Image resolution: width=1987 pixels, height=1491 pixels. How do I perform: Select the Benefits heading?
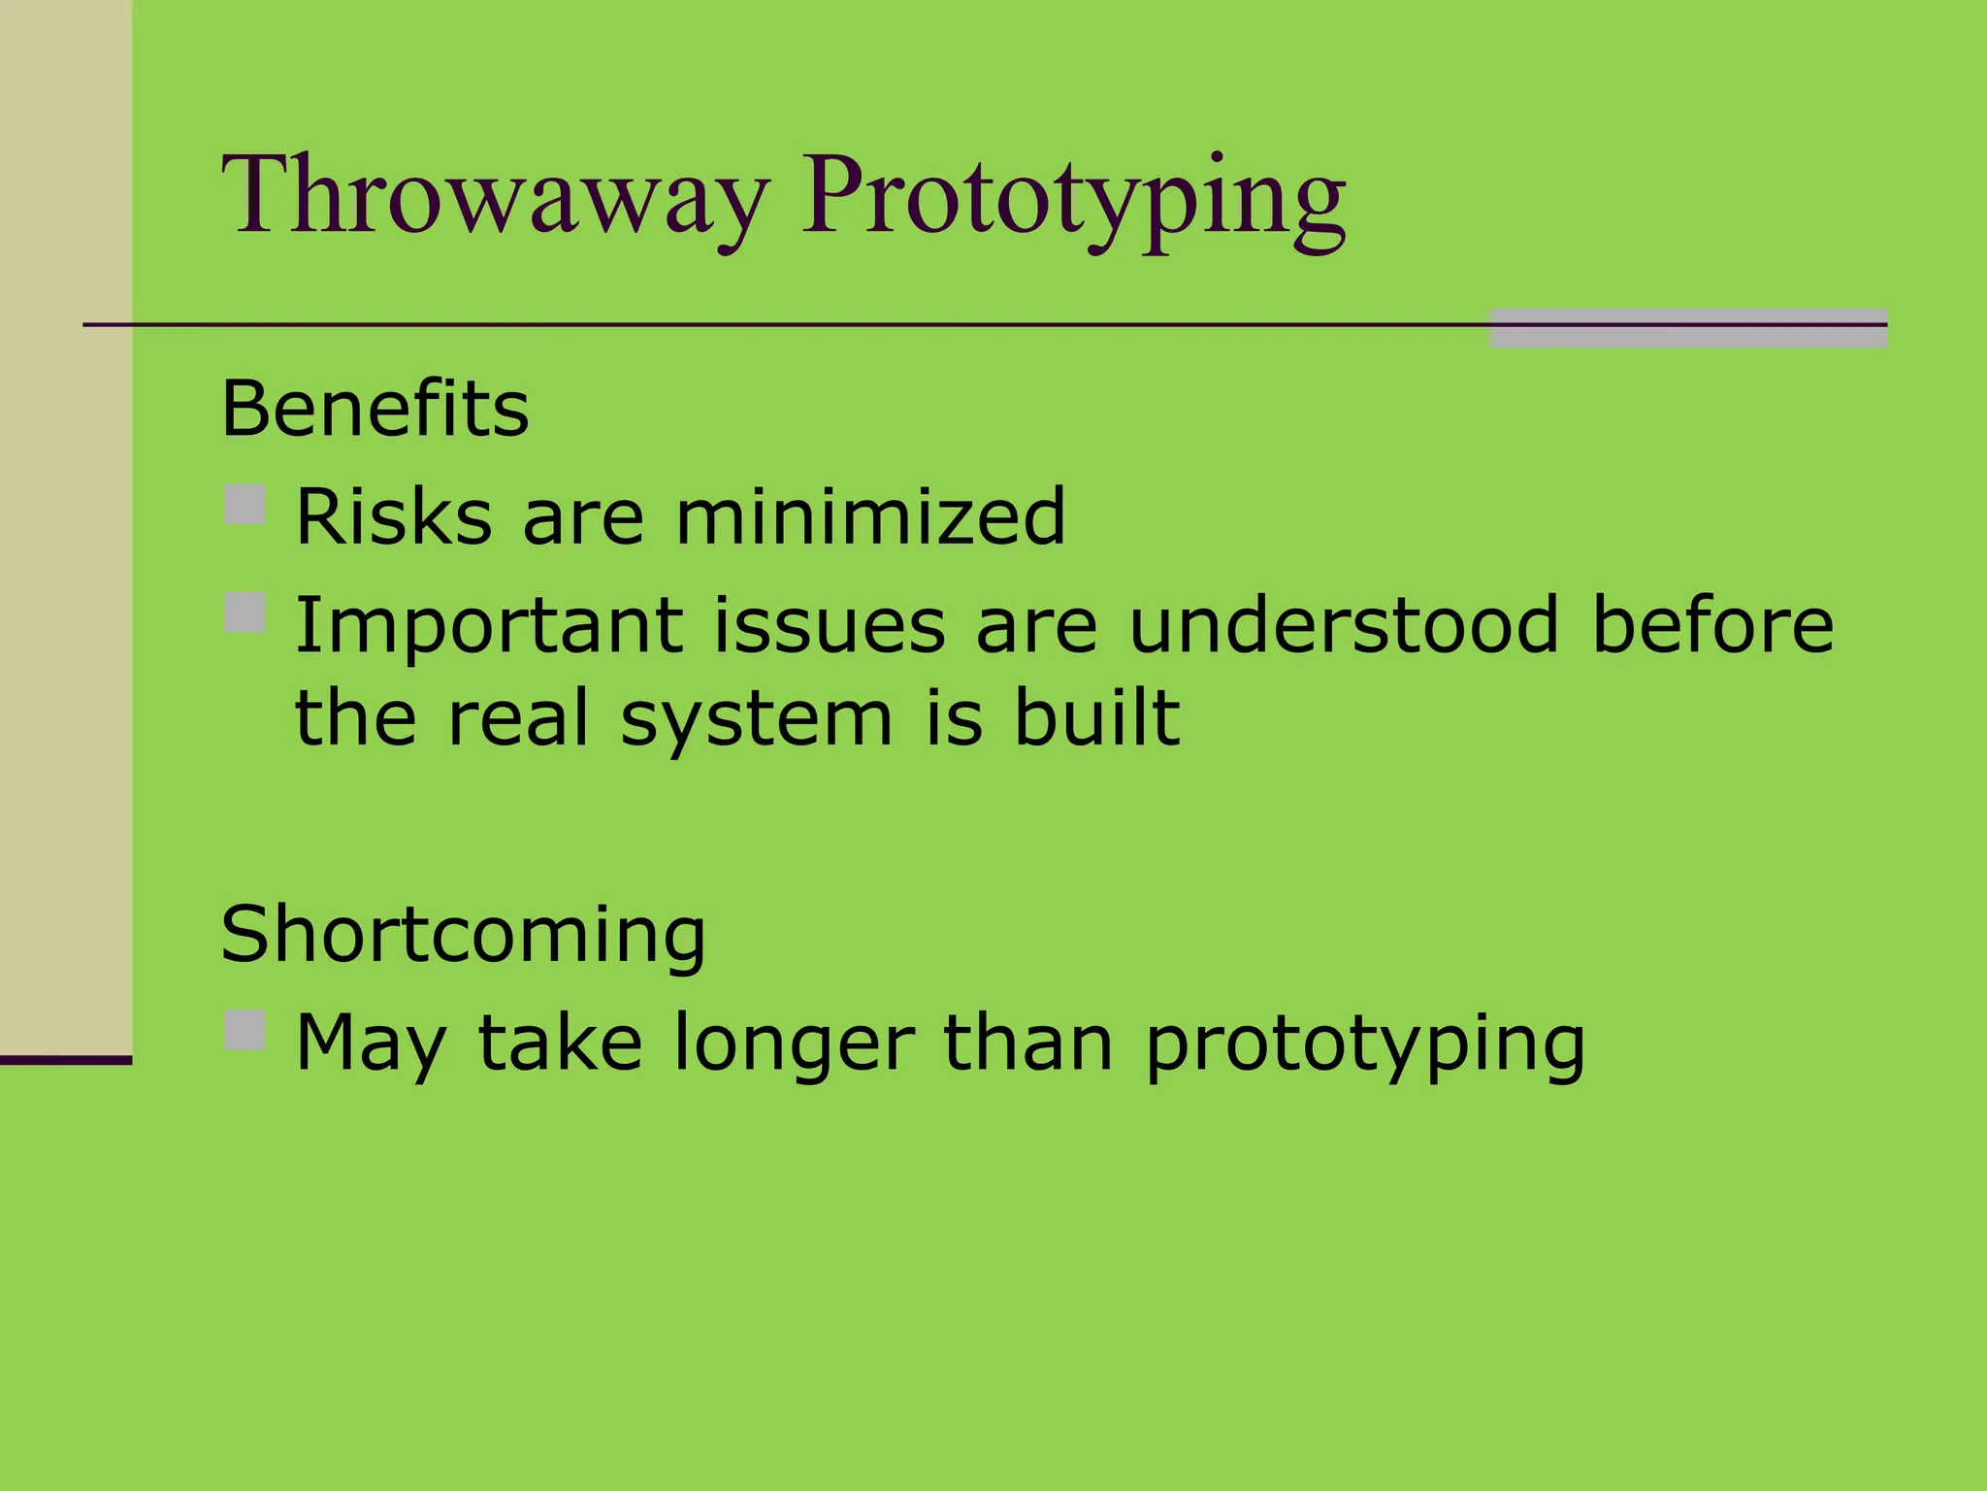(x=375, y=409)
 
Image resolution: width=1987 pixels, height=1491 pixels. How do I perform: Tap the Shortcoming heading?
(x=463, y=935)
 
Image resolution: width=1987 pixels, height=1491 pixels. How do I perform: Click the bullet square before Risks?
(x=244, y=506)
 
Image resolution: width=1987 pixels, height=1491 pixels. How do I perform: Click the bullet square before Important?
(x=244, y=613)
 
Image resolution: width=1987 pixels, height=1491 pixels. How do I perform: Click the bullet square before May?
(x=244, y=1031)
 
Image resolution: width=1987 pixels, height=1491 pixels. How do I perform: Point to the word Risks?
(x=393, y=517)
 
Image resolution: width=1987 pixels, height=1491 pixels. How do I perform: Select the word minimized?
(x=870, y=517)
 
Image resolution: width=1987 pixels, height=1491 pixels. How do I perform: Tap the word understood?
(x=1344, y=626)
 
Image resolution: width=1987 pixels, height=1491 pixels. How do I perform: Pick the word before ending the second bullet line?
(x=1712, y=626)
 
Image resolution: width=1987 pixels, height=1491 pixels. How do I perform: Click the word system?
(x=756, y=721)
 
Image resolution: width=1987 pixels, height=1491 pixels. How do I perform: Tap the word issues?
(x=830, y=626)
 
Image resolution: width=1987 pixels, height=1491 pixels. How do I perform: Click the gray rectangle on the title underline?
(x=1688, y=328)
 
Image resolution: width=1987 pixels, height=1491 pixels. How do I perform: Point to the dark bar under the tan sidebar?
(x=65, y=1060)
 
